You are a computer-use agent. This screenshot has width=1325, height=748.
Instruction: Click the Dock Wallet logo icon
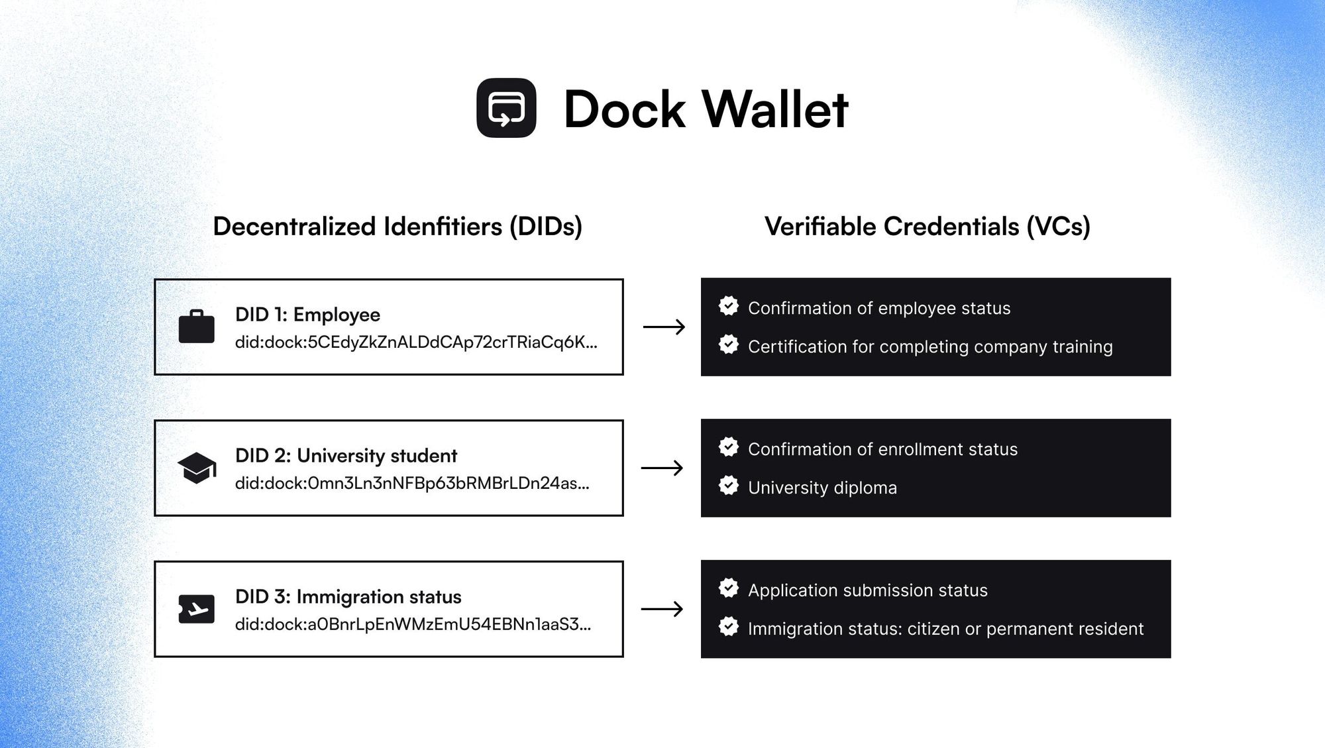tap(506, 108)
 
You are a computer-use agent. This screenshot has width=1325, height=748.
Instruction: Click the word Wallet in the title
tap(774, 109)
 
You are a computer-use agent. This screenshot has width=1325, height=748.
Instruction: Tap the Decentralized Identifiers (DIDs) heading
tap(397, 227)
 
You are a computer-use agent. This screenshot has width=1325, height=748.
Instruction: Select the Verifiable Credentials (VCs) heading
tap(927, 227)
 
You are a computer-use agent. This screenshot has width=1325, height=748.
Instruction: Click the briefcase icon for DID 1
tap(197, 327)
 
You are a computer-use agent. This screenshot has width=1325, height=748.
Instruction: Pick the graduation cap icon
tap(197, 468)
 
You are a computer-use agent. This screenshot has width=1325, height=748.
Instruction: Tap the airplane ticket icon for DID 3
tap(197, 609)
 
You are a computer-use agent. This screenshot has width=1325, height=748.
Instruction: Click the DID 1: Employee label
tap(307, 315)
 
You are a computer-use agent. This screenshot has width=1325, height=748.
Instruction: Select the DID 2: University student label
tap(346, 456)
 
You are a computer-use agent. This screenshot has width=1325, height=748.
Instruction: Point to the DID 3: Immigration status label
tap(348, 597)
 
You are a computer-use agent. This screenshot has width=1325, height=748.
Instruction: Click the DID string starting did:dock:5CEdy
tap(416, 343)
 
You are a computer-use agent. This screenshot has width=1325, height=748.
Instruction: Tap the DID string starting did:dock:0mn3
tap(412, 484)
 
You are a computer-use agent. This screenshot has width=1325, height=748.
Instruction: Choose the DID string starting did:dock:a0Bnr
tap(413, 625)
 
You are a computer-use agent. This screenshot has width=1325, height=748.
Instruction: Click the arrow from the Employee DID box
tap(664, 327)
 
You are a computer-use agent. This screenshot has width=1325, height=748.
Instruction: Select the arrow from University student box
tap(662, 468)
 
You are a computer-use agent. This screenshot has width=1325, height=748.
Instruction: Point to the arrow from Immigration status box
tap(662, 609)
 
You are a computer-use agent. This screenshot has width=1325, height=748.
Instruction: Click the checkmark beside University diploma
tap(729, 486)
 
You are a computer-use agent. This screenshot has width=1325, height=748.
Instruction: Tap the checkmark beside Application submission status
tap(729, 588)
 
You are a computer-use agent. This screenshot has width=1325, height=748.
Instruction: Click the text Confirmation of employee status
tap(879, 309)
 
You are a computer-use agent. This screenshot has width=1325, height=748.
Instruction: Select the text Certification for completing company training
tap(930, 347)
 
